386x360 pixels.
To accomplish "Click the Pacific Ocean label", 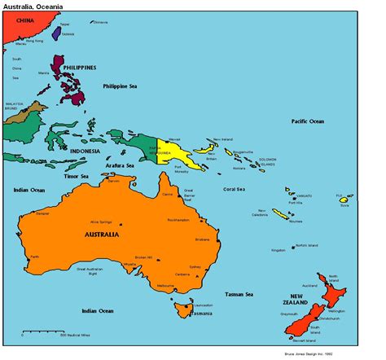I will tap(308, 121).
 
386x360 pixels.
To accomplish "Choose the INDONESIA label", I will tap(85, 151).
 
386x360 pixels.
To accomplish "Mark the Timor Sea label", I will tap(76, 176).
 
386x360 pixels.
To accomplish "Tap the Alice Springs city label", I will tap(105, 222).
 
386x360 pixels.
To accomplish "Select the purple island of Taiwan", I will tap(68, 34).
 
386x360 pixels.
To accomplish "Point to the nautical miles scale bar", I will tap(42, 331).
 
